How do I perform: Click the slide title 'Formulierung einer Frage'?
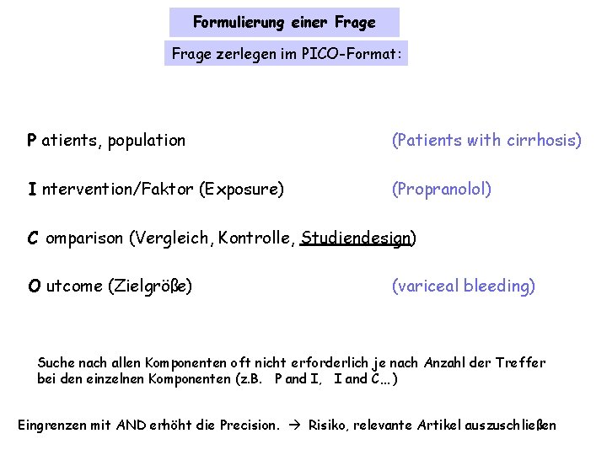point(284,22)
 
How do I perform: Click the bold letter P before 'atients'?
point(31,141)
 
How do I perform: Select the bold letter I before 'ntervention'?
point(31,190)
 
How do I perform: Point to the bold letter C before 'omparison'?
point(32,238)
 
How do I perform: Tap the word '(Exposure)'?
point(241,190)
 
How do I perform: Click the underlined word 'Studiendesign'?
point(356,238)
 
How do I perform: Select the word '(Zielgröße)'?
point(150,286)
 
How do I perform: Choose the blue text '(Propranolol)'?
point(441,190)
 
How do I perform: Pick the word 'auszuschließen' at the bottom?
point(510,425)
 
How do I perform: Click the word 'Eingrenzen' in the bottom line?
point(52,425)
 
